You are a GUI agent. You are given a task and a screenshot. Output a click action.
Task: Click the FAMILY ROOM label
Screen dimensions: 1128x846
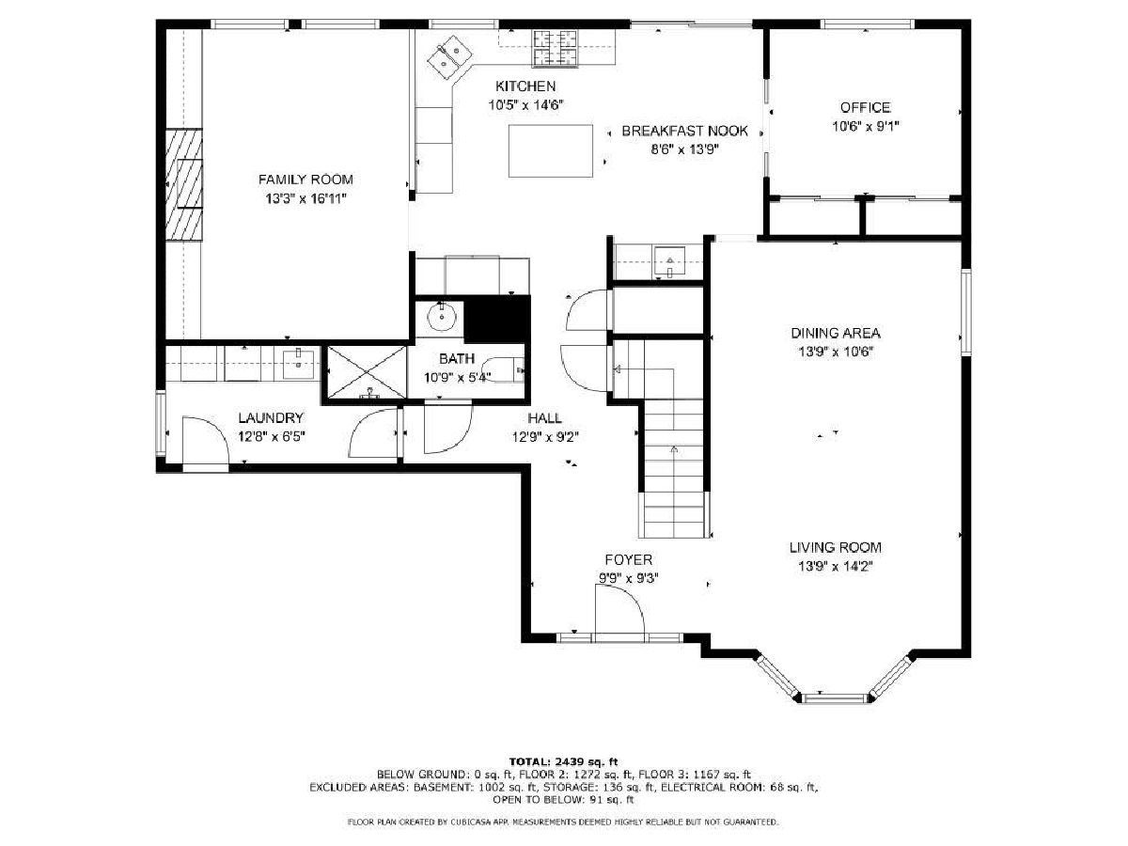pos(305,180)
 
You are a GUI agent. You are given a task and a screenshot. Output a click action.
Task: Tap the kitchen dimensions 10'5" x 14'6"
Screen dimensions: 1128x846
pos(525,105)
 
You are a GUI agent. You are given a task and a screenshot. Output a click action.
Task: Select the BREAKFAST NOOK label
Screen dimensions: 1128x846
pos(684,131)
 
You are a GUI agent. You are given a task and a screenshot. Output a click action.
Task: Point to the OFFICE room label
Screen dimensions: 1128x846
pos(865,107)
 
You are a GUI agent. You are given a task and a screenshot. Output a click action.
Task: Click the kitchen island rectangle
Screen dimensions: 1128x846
pos(551,150)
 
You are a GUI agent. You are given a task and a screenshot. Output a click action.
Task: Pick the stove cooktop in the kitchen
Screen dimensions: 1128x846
pos(555,48)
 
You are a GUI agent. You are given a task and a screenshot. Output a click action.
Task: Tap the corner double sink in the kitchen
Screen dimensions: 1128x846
pos(449,57)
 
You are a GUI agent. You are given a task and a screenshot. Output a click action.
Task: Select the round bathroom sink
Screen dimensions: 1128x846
pos(441,318)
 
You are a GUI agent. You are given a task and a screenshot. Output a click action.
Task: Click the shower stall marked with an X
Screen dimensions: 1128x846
pos(367,372)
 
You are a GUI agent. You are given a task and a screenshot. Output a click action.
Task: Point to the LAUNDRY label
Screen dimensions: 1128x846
pos(271,417)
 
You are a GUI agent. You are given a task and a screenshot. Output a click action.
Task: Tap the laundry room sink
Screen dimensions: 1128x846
pos(299,364)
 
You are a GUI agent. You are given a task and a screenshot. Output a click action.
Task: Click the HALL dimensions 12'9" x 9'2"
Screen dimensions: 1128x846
pos(545,437)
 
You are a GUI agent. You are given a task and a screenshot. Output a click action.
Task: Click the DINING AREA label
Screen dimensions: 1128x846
pos(835,333)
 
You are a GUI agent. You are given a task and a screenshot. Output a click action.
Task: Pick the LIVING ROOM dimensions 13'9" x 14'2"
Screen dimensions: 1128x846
pos(835,567)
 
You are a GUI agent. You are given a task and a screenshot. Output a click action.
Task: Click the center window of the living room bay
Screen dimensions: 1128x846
pos(835,697)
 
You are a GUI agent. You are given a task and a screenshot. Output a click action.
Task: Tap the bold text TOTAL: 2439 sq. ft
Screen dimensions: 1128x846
pos(563,761)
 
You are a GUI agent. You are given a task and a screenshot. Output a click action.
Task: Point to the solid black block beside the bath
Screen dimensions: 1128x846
pos(497,319)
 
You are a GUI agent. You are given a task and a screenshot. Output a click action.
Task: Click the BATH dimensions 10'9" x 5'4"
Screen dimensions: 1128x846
pos(457,378)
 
